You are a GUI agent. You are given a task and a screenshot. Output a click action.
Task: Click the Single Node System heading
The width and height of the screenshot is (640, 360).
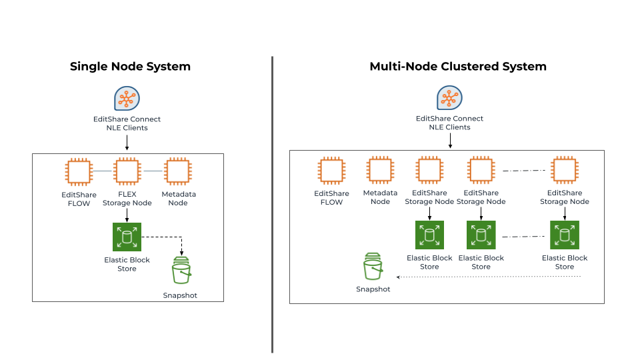(x=130, y=67)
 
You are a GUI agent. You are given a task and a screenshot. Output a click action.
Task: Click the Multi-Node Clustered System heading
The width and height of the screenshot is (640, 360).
(x=458, y=67)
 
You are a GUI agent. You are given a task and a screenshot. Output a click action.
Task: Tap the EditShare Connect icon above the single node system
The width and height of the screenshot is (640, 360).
(x=127, y=99)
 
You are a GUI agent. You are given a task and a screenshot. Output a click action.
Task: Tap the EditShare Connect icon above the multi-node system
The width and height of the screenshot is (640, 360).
(x=449, y=97)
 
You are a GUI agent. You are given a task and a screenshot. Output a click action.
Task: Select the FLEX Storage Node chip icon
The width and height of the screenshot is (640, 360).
(x=127, y=171)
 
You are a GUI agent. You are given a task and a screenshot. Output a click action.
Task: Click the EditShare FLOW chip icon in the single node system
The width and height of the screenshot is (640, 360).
(x=79, y=172)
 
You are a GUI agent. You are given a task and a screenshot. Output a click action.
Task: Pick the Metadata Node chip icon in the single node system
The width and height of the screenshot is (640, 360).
(x=178, y=171)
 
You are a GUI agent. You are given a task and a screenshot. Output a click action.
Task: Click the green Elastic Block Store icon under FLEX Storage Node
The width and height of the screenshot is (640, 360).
(x=127, y=237)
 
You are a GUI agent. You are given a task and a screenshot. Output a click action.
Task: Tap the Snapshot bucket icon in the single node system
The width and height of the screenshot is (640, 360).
(x=181, y=270)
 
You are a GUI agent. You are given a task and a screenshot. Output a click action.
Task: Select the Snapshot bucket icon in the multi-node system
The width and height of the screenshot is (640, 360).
(x=373, y=266)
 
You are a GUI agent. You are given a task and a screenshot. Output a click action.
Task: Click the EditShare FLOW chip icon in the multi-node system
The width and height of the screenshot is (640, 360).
(x=331, y=170)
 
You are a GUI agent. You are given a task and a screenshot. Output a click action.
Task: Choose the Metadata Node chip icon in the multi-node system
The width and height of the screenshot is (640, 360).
(x=380, y=170)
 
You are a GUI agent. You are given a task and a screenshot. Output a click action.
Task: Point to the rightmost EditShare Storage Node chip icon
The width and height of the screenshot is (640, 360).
(x=565, y=170)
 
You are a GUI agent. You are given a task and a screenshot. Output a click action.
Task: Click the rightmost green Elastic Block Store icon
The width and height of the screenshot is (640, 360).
(x=565, y=235)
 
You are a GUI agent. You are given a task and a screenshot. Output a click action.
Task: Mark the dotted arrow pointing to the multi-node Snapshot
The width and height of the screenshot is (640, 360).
(x=489, y=277)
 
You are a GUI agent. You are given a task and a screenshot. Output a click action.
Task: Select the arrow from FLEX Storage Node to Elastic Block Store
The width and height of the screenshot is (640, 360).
(x=127, y=215)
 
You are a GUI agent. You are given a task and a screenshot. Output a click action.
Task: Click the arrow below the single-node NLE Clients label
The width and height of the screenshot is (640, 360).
(x=127, y=143)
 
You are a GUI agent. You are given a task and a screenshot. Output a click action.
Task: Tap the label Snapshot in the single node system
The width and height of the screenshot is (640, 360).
(x=180, y=295)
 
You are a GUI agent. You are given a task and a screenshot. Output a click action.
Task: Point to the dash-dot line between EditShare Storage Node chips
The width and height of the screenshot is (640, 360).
(x=524, y=170)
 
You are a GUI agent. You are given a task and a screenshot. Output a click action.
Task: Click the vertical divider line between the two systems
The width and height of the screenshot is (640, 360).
(x=272, y=205)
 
